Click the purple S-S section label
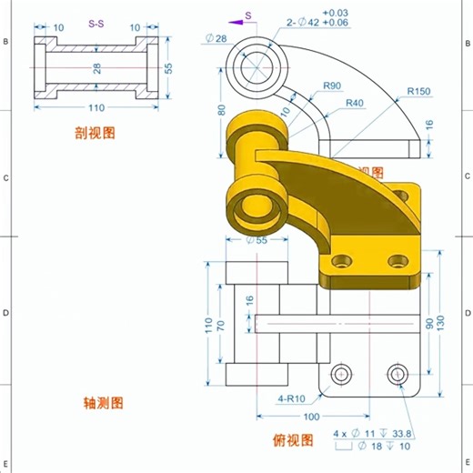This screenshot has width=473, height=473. tap(96, 26)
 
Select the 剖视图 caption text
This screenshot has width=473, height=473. tap(95, 133)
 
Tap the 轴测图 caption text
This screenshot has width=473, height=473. tap(103, 402)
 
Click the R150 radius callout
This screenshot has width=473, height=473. tap(419, 91)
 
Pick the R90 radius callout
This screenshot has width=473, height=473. tap(330, 86)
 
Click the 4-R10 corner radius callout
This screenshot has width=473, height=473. tap(291, 398)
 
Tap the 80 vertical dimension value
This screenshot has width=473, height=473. tap(220, 110)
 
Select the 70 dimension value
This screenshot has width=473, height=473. tap(220, 324)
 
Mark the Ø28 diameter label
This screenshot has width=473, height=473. tap(216, 37)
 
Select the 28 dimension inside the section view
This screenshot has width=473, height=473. tap(96, 68)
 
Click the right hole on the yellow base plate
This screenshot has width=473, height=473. tap(397, 262)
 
